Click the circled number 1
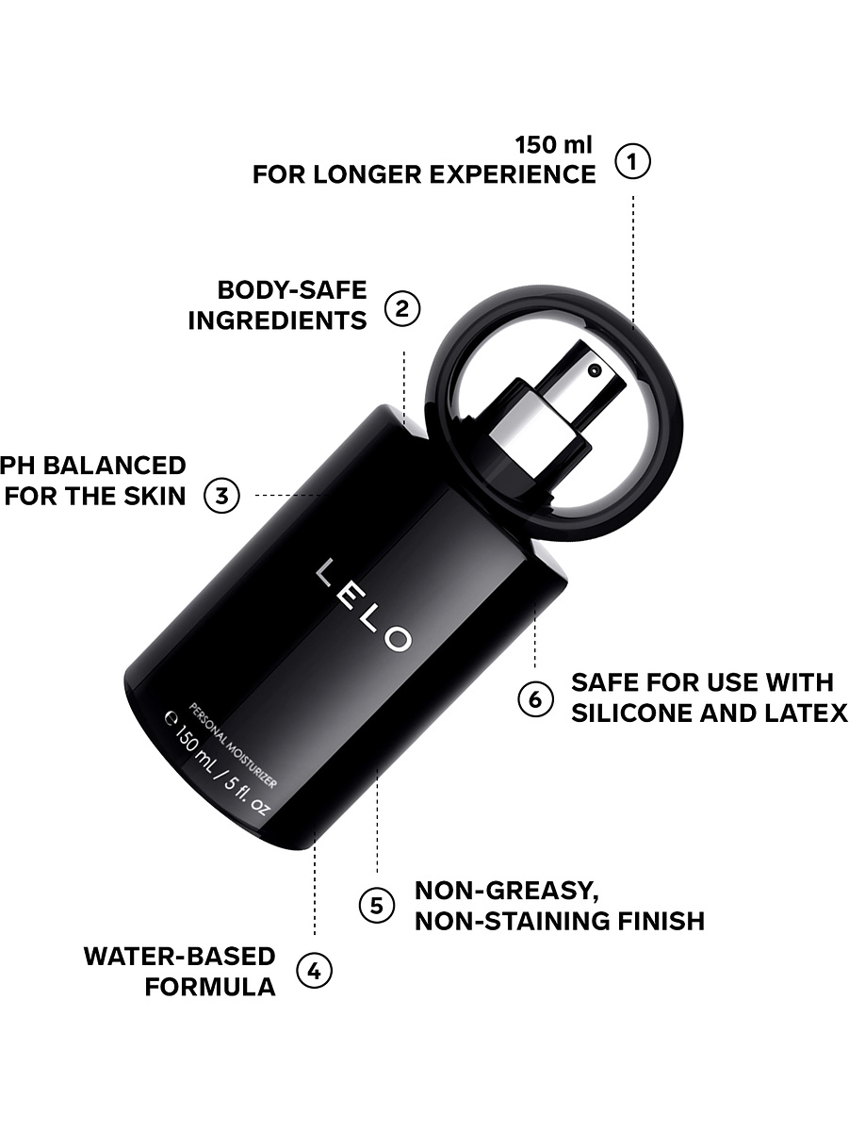click(x=632, y=161)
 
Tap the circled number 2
click(x=402, y=308)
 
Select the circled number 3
click(x=222, y=496)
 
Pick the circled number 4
click(x=315, y=972)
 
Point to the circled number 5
click(x=377, y=906)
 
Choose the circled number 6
click(x=535, y=699)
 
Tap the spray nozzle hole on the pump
click(x=596, y=369)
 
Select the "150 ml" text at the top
click(x=554, y=145)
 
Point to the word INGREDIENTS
click(x=278, y=320)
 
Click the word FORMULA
click(x=210, y=987)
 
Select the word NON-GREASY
click(x=507, y=891)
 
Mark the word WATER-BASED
click(x=180, y=957)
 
